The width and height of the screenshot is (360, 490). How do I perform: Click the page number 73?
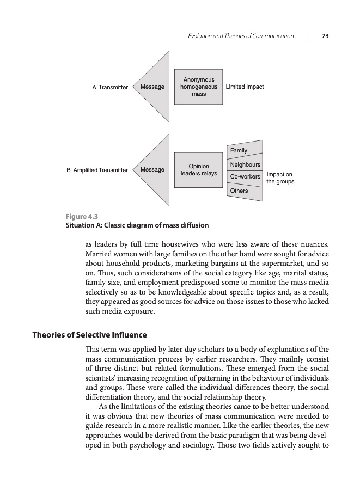point(325,36)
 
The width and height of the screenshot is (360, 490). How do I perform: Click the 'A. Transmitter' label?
point(110,87)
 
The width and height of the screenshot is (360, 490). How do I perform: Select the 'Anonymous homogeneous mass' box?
point(198,87)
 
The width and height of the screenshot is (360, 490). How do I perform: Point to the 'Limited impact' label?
point(245,87)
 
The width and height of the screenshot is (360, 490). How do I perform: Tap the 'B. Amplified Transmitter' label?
point(97,170)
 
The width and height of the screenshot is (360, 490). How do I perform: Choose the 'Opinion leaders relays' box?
point(198,170)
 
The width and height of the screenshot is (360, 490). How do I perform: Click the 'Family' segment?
point(240,150)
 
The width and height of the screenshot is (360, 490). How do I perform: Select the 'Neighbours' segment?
point(245,164)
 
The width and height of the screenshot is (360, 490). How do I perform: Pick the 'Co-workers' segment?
point(245,177)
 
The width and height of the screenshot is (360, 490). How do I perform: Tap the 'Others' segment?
point(240,191)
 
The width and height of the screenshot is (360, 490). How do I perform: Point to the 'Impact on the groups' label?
point(280,178)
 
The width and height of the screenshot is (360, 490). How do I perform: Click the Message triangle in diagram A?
point(153,87)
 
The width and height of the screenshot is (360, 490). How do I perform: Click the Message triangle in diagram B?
point(153,170)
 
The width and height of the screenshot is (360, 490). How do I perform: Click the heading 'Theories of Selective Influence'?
point(89,334)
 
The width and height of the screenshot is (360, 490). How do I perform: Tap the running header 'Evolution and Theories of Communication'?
point(240,36)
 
